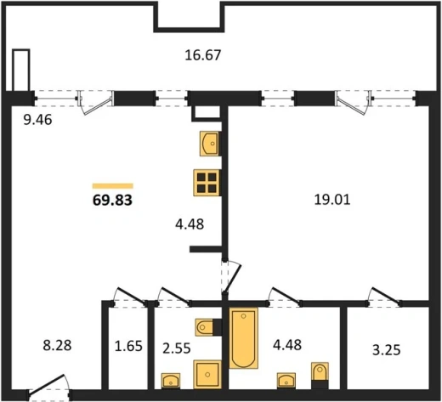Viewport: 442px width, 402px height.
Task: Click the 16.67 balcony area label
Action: tap(202, 55)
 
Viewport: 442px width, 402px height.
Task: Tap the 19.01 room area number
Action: tap(332, 200)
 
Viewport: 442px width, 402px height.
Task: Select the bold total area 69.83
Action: tap(112, 200)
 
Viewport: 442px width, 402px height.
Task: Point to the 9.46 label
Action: tap(37, 120)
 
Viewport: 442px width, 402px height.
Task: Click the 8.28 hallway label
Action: tap(57, 346)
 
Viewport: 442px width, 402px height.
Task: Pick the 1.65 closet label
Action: tap(128, 346)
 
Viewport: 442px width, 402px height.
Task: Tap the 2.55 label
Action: tap(177, 348)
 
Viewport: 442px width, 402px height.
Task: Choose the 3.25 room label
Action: tap(387, 350)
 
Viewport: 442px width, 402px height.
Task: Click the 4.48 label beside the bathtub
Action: tap(287, 345)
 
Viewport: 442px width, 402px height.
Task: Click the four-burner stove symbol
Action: tap(207, 183)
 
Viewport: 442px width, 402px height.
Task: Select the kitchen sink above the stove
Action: tap(210, 144)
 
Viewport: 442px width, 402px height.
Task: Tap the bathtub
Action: tap(243, 338)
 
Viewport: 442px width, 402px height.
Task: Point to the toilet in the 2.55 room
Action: tap(204, 327)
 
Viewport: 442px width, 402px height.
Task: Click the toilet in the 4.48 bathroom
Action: tap(320, 371)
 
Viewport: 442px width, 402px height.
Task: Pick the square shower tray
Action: tap(207, 375)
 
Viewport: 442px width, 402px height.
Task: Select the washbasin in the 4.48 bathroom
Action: tap(286, 381)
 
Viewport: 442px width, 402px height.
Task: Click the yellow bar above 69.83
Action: tap(113, 186)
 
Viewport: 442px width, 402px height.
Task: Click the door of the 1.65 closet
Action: tap(130, 297)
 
